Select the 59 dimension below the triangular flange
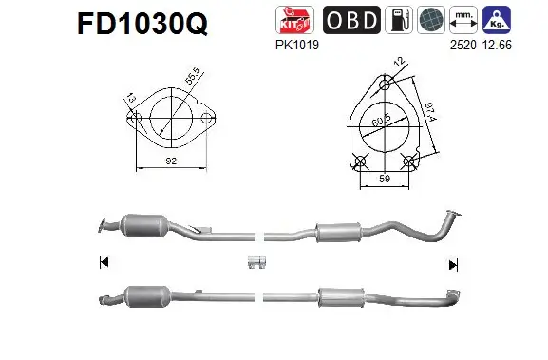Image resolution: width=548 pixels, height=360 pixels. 385,177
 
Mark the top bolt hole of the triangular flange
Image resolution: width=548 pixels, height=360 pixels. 385,84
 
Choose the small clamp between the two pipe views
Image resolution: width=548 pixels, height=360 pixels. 255,262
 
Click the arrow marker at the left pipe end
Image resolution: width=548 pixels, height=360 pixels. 104,263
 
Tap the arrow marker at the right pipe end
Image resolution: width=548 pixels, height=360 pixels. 454,264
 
